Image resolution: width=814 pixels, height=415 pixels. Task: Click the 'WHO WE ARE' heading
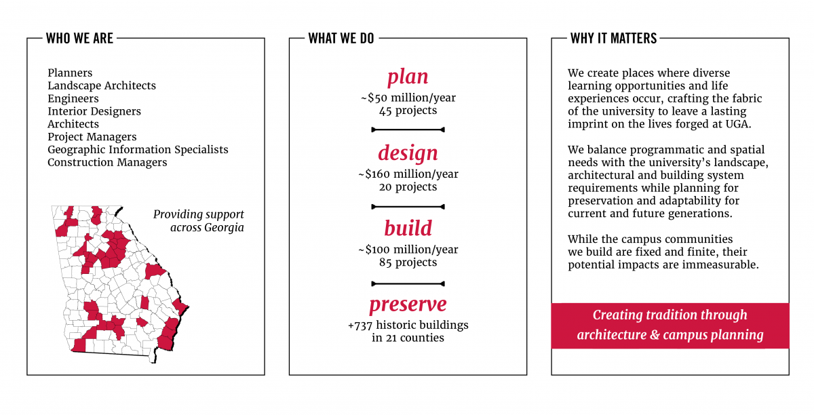[x=79, y=38]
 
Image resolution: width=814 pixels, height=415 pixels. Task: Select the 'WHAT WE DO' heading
[x=341, y=38]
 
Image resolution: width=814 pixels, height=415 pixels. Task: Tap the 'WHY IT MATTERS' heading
[x=613, y=38]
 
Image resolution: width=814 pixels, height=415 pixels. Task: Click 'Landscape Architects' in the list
[x=102, y=85]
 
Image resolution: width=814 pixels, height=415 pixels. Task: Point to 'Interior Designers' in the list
[x=94, y=111]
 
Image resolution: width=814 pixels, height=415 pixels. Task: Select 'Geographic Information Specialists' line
[x=138, y=150]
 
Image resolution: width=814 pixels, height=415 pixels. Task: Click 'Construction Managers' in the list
[x=107, y=163]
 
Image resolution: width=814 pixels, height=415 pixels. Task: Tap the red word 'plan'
[x=408, y=77]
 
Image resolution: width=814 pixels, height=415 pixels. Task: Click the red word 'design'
[x=408, y=153]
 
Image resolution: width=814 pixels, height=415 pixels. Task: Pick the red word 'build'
[x=408, y=229]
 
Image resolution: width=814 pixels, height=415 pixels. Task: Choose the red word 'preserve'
[x=408, y=304]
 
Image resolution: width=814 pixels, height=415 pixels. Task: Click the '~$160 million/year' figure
[x=408, y=174]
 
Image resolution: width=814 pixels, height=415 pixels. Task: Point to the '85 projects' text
[x=408, y=262]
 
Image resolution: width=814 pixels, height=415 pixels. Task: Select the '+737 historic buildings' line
[x=408, y=325]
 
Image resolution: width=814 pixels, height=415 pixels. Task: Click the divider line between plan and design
[x=408, y=130]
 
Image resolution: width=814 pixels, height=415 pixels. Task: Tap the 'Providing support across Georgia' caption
[x=198, y=221]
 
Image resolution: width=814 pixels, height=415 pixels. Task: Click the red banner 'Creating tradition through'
[x=670, y=315]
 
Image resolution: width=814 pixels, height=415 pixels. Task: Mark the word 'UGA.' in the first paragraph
[x=739, y=124]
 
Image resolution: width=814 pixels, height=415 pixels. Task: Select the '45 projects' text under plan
[x=408, y=111]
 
